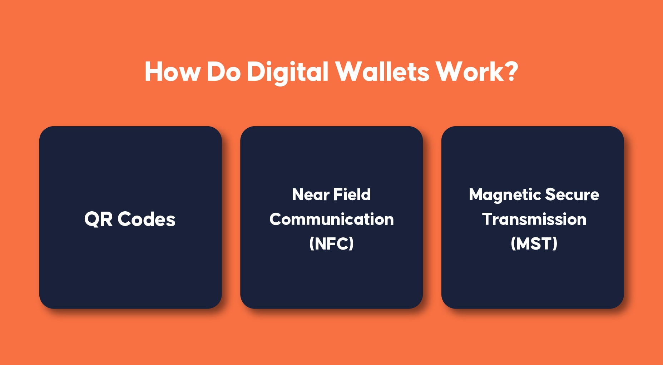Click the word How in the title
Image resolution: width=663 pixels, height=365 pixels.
pos(173,72)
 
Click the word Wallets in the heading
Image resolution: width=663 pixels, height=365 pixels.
pos(382,71)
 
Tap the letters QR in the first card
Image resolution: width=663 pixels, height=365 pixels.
pos(98,219)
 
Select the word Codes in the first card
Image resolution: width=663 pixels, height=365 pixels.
pos(147,219)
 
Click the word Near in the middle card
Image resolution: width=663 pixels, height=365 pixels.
pos(311,194)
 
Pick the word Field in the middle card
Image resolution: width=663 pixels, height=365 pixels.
pos(352,194)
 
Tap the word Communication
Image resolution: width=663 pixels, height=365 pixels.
pos(331,219)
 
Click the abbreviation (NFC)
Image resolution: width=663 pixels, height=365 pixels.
pos(331,243)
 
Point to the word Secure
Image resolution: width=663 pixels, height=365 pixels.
pos(572,194)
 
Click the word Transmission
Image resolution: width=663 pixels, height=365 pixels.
pos(534,219)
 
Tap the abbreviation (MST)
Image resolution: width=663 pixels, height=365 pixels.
pos(534,243)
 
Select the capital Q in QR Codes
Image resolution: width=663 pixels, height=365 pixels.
pos(91,220)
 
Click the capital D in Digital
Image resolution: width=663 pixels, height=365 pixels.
pos(255,72)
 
